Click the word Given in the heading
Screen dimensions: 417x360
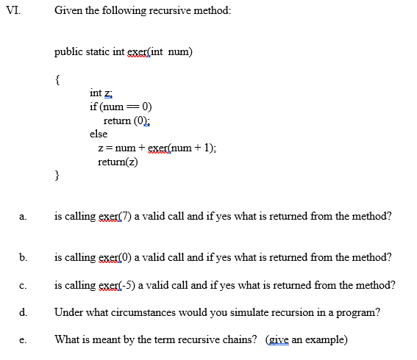tap(68, 12)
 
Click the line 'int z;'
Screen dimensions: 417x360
tap(101, 93)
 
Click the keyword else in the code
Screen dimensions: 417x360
tap(99, 134)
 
